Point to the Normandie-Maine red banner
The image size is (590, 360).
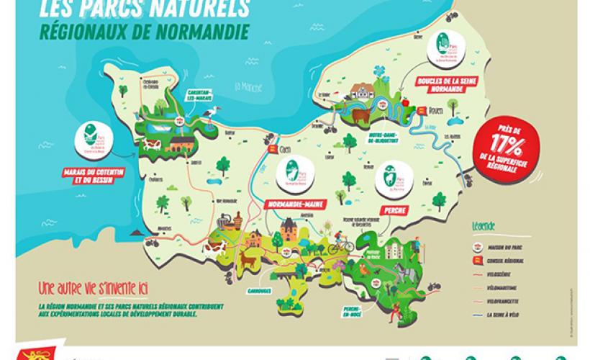point(292,204)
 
